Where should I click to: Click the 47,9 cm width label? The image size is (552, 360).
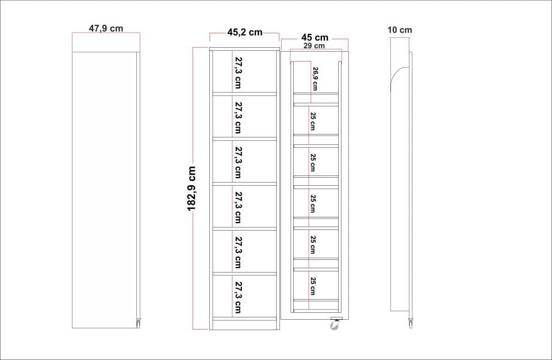click(x=106, y=28)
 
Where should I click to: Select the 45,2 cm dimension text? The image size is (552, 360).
click(x=245, y=32)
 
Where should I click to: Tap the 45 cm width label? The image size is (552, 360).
click(x=315, y=37)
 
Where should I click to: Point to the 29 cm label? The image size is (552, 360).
click(x=315, y=46)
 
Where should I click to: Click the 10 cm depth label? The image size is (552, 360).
click(x=400, y=30)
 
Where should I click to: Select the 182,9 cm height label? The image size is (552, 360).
click(x=191, y=189)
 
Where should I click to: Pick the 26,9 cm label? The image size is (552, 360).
click(x=315, y=79)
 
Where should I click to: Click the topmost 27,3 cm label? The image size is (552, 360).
click(x=238, y=72)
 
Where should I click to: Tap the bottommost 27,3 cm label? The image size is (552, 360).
click(x=238, y=297)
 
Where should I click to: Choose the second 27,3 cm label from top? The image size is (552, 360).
click(x=238, y=118)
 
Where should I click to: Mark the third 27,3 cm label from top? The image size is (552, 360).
click(x=238, y=162)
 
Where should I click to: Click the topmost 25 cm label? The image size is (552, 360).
click(x=313, y=121)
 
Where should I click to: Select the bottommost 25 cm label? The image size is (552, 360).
click(x=313, y=286)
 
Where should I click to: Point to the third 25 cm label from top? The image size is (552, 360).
click(x=313, y=204)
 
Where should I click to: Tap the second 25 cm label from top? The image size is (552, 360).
click(x=313, y=162)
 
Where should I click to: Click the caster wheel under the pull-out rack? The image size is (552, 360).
click(x=335, y=324)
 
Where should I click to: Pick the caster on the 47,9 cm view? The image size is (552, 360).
click(x=138, y=323)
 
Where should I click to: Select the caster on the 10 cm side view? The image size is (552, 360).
click(x=411, y=323)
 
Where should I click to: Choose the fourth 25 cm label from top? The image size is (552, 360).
click(x=313, y=245)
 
